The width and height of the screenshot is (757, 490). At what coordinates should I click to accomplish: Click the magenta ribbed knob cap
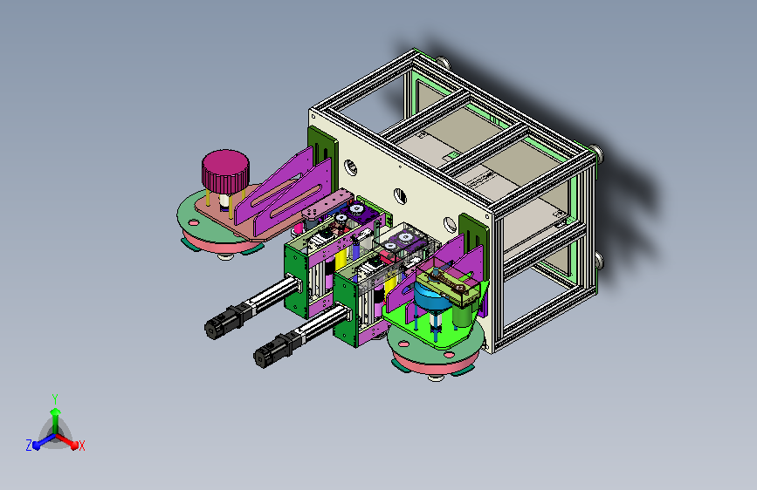[225, 171]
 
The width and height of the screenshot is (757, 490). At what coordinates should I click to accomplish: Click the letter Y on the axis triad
[55, 398]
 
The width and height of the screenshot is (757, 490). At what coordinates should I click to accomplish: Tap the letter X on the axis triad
[81, 446]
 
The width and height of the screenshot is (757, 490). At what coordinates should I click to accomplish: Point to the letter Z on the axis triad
[29, 446]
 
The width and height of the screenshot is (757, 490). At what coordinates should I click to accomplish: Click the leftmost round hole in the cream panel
[351, 167]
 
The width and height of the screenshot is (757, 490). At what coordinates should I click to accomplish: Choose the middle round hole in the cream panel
[400, 196]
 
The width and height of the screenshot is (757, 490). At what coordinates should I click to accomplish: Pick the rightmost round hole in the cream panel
[450, 224]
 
